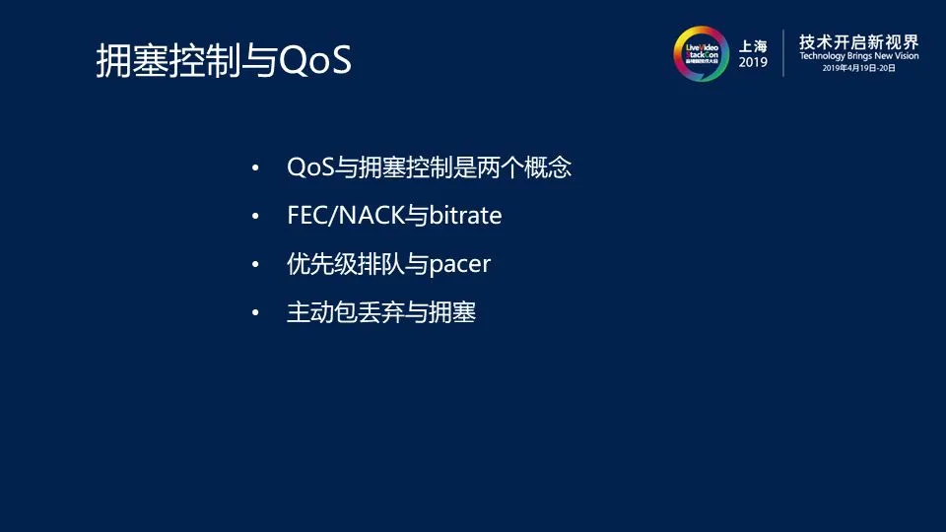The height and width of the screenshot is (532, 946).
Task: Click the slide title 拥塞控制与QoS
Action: click(x=224, y=60)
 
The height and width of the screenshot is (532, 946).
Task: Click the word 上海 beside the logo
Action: click(x=753, y=46)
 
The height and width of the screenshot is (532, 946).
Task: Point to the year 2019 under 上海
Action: click(x=753, y=62)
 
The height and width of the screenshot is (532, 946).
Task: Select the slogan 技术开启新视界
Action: click(x=859, y=42)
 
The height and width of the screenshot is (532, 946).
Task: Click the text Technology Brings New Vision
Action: click(x=859, y=56)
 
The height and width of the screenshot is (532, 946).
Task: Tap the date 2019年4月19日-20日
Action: click(x=859, y=68)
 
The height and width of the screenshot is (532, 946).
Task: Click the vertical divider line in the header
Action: click(x=783, y=53)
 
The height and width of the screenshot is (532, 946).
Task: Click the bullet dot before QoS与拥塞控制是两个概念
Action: click(x=255, y=167)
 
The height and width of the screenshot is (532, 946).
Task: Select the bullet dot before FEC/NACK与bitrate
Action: click(x=255, y=216)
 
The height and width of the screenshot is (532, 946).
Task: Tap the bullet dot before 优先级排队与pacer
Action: click(x=255, y=264)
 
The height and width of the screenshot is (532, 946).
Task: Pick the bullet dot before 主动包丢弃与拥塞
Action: click(x=255, y=312)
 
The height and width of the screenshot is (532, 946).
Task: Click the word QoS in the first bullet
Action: click(x=310, y=167)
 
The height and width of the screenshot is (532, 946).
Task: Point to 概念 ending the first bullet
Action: click(x=548, y=167)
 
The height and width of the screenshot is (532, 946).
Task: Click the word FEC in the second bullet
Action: click(x=305, y=216)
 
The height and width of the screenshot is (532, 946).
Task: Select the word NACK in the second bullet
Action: click(x=371, y=216)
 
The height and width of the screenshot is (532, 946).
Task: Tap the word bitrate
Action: click(x=465, y=216)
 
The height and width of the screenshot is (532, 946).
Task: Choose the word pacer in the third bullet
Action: click(x=460, y=265)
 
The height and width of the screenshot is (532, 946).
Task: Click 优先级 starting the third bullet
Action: click(x=322, y=264)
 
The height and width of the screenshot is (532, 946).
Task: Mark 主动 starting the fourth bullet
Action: click(x=310, y=312)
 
